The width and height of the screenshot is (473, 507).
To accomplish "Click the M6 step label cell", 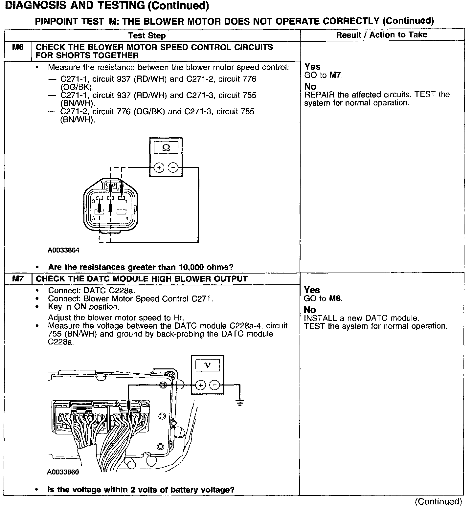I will [x=18, y=48].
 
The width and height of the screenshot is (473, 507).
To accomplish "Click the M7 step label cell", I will [x=18, y=279].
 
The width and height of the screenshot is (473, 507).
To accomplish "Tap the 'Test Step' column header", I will [x=147, y=36].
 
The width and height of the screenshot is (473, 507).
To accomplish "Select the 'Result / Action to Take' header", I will [x=381, y=35].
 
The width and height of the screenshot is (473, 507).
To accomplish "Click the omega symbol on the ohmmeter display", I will [x=166, y=148].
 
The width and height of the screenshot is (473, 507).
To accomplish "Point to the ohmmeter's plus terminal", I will [x=159, y=168].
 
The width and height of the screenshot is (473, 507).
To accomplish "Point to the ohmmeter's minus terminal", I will [x=173, y=168].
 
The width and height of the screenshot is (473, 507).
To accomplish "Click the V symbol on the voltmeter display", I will [x=207, y=365].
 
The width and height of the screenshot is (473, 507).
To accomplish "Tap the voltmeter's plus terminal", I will [x=201, y=385].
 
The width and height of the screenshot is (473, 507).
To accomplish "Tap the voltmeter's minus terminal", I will [x=214, y=385].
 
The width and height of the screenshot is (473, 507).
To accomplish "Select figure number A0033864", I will [x=63, y=250].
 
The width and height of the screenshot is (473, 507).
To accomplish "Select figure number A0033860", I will [x=63, y=472].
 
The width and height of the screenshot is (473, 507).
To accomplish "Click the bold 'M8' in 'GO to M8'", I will [x=336, y=298].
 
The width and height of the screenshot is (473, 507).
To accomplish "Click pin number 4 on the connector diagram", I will [x=127, y=218].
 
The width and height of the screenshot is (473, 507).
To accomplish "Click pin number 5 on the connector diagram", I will [x=94, y=218].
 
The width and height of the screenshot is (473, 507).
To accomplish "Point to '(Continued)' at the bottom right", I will [x=438, y=501].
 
